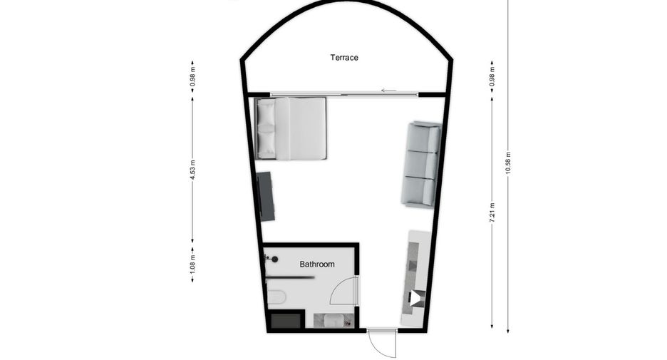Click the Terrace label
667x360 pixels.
pos(344,58)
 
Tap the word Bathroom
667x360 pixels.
pos(317,264)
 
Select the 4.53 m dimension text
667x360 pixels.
pos(192,170)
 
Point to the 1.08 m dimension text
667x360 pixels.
pos(192,264)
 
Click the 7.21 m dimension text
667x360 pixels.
pos(492,212)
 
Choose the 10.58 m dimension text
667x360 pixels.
pos(507,163)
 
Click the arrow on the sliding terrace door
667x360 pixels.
pos(389,91)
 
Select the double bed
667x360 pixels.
pos(291,128)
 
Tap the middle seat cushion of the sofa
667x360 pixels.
pos(421,165)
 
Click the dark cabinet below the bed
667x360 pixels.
pos(266,196)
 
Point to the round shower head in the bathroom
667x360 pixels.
pos(275,259)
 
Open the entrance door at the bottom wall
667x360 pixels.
pos(381,343)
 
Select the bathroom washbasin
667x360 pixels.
pos(333,320)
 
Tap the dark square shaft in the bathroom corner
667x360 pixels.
pos(286,320)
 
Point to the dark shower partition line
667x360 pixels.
pos(290,277)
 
